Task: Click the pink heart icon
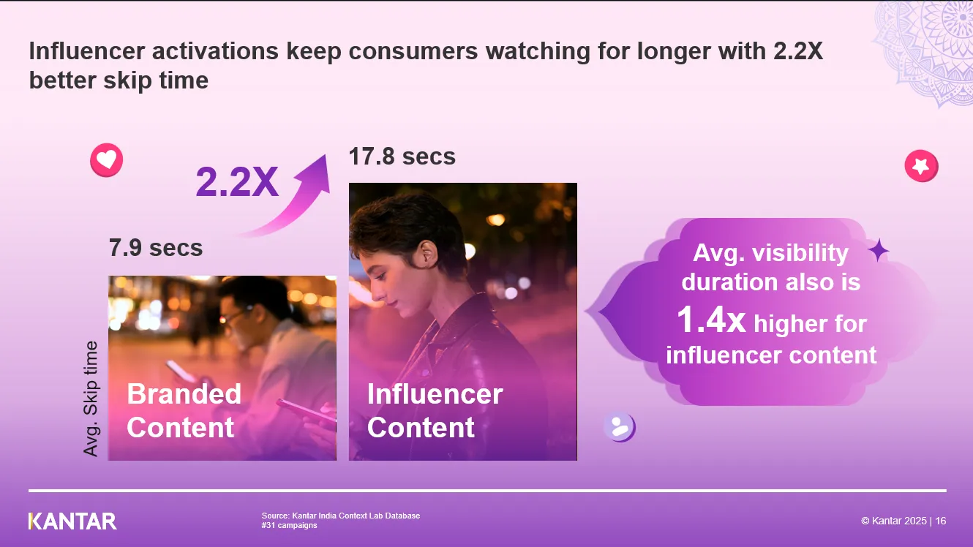click(106, 159)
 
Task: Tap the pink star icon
click(921, 166)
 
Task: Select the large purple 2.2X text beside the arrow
click(237, 181)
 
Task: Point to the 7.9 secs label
click(156, 248)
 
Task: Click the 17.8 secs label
click(402, 156)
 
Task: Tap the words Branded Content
click(184, 411)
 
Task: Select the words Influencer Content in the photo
click(435, 411)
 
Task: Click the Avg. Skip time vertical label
click(91, 399)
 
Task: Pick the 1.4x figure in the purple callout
click(711, 320)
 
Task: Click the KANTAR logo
click(72, 521)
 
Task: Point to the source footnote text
click(341, 521)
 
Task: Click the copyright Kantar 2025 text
click(904, 521)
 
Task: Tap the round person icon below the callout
click(620, 427)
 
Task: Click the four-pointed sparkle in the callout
click(879, 251)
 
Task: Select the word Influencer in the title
click(86, 51)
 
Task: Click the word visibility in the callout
click(800, 254)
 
